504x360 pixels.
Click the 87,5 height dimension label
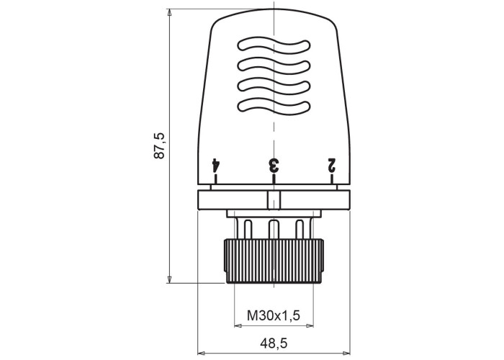(x=159, y=145)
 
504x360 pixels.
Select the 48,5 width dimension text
(x=274, y=343)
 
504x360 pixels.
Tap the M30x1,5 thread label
(x=274, y=315)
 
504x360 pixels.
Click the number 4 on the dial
(x=215, y=164)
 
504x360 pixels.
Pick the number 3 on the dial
(x=274, y=165)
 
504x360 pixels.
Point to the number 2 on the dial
(x=331, y=164)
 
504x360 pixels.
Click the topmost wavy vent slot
(x=274, y=45)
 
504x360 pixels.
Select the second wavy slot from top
(x=274, y=66)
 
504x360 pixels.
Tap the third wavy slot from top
(x=274, y=86)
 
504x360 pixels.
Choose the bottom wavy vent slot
(x=274, y=107)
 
